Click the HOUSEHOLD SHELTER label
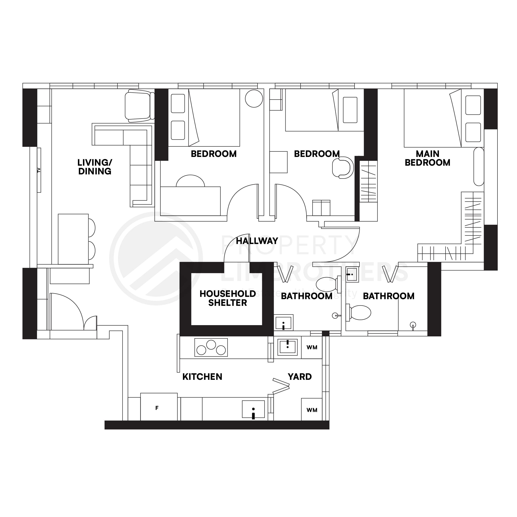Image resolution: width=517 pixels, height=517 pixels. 227,298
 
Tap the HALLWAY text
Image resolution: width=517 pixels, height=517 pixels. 257,241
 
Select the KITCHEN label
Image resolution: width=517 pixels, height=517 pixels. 202,377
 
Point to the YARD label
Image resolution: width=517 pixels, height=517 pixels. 299,377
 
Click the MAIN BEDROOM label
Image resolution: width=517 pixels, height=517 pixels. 427,158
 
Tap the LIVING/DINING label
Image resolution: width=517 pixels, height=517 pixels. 95,167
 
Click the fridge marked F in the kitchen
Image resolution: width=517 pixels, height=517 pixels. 159,407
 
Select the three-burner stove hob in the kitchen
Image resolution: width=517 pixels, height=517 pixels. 211,347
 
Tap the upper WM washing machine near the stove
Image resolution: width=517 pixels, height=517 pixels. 312,347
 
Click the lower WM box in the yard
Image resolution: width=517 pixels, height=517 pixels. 312,410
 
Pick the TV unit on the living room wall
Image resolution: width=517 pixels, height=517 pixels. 39,170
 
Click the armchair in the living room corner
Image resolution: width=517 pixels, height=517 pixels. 138,105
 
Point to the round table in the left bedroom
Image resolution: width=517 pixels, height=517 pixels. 254,99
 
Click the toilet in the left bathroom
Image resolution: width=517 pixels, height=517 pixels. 327,284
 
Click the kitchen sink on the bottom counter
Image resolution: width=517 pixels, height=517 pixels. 253,409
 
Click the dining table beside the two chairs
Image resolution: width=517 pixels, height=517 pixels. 73,239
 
